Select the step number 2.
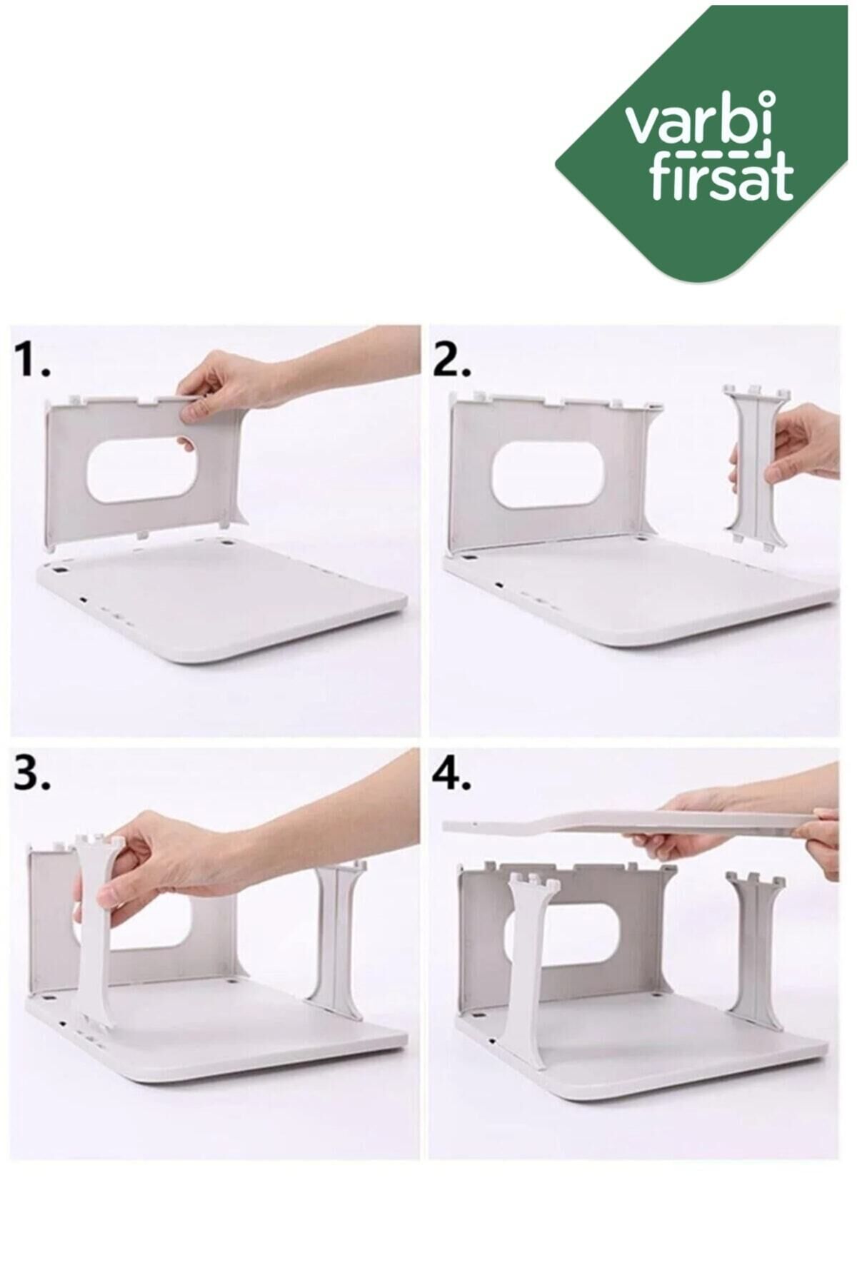(x=452, y=361)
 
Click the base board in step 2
(x=643, y=600)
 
